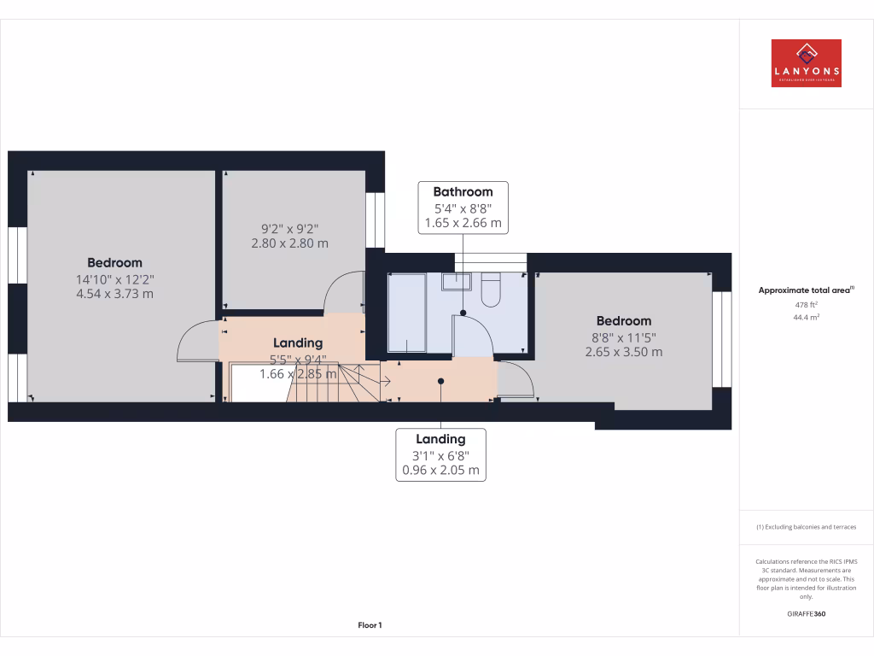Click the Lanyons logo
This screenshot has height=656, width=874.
pyautogui.click(x=806, y=63)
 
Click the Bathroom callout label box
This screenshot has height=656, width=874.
pyautogui.click(x=463, y=207)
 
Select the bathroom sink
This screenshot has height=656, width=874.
pyautogui.click(x=457, y=282)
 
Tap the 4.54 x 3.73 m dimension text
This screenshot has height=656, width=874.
pyautogui.click(x=114, y=294)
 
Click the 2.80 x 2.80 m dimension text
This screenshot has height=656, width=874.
pyautogui.click(x=289, y=243)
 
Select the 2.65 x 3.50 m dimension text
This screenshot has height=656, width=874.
pyautogui.click(x=623, y=352)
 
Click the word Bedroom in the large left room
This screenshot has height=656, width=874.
pyautogui.click(x=114, y=262)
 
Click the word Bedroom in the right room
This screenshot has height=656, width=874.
pyautogui.click(x=623, y=320)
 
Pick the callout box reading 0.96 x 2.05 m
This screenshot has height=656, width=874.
pyautogui.click(x=440, y=454)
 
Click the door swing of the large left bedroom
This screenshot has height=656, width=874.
pyautogui.click(x=195, y=342)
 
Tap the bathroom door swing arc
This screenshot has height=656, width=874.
pyautogui.click(x=475, y=333)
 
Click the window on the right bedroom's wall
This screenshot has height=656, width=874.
pyautogui.click(x=722, y=339)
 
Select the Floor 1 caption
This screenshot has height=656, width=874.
pyautogui.click(x=370, y=625)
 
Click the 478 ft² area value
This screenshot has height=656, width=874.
pyautogui.click(x=806, y=303)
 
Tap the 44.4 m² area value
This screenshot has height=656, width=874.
pyautogui.click(x=806, y=317)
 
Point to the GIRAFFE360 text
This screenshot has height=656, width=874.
pyautogui.click(x=806, y=614)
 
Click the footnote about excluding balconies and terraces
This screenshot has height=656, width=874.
pyautogui.click(x=806, y=527)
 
